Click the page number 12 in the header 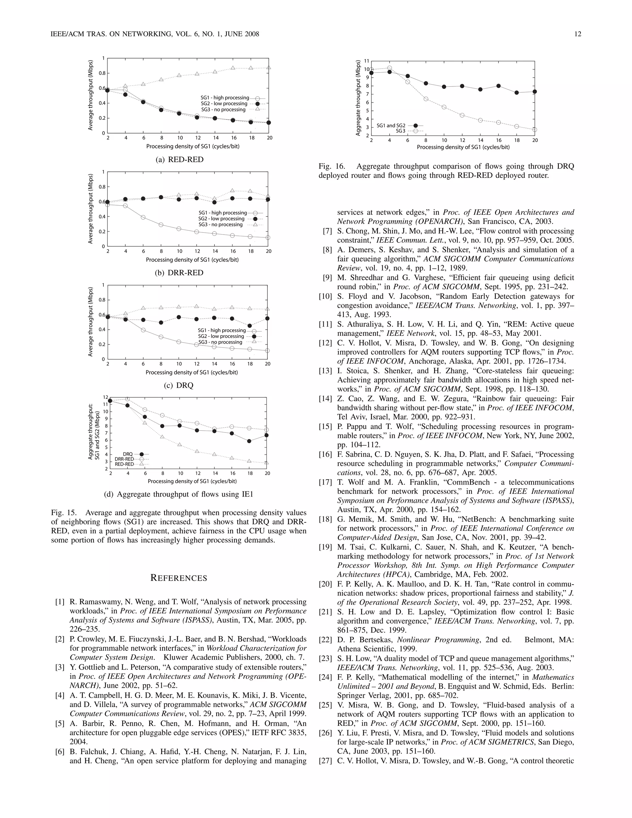577,34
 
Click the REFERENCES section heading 179,578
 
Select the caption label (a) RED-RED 179,160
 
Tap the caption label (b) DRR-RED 179,273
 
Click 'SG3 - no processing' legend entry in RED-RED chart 223,110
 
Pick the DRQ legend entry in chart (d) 128,454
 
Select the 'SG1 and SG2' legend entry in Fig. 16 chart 391,125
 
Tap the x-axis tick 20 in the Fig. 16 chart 535,140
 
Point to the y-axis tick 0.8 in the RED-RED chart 102,73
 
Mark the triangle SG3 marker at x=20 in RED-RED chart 269,68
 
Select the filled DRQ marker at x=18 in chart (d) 249,441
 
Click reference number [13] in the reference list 325,371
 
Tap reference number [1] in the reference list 60,602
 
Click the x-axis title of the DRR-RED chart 192,260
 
